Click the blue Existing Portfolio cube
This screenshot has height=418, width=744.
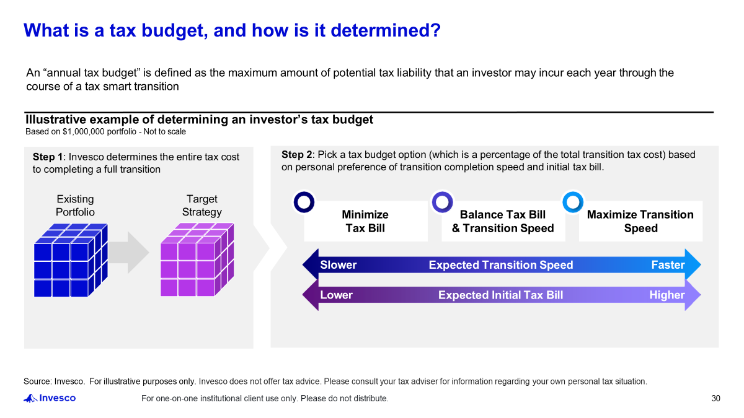click(71, 260)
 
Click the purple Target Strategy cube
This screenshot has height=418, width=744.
click(197, 259)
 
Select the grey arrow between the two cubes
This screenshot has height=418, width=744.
click(128, 253)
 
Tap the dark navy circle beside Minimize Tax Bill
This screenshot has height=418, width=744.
click(304, 202)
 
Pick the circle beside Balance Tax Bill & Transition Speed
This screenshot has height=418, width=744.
click(443, 202)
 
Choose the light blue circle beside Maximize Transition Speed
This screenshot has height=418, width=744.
click(573, 202)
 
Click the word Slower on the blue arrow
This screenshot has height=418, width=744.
click(338, 265)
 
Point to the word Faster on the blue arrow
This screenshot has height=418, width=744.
click(668, 265)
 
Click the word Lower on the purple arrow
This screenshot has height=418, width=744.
click(336, 295)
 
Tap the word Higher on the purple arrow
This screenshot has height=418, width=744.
click(667, 295)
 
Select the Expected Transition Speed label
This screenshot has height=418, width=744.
click(501, 265)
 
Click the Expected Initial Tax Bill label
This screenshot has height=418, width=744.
click(500, 295)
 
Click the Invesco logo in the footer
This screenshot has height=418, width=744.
click(50, 398)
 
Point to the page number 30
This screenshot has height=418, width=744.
click(715, 398)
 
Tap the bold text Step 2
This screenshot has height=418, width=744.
click(296, 155)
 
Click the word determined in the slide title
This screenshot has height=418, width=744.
click(386, 30)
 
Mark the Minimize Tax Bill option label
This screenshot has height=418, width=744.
click(365, 221)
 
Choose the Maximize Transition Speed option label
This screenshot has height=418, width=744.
click(640, 221)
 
